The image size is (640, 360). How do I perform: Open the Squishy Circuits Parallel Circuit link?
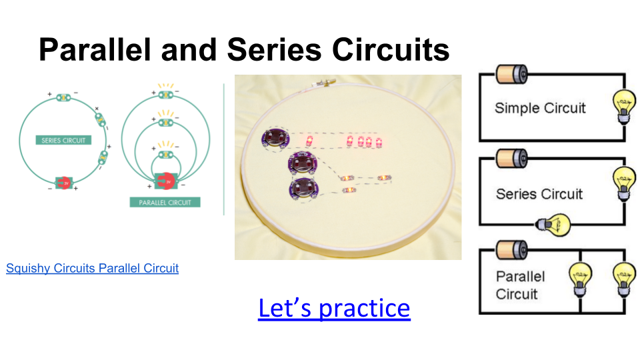[x=92, y=269]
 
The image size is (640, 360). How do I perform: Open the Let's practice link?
[x=334, y=308]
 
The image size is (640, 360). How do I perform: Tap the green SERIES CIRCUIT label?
[x=63, y=140]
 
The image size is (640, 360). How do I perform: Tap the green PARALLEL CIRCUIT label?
[x=165, y=202]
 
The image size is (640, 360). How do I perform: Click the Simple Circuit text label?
[x=540, y=108]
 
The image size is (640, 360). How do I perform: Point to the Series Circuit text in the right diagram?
[x=539, y=194]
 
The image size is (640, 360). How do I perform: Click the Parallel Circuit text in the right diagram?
[x=521, y=285]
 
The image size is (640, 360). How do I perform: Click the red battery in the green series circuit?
[x=64, y=182]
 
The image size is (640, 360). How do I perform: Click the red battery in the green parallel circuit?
[x=165, y=179]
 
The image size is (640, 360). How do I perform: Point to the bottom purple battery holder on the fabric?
[x=303, y=189]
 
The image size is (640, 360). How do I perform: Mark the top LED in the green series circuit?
[x=63, y=98]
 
